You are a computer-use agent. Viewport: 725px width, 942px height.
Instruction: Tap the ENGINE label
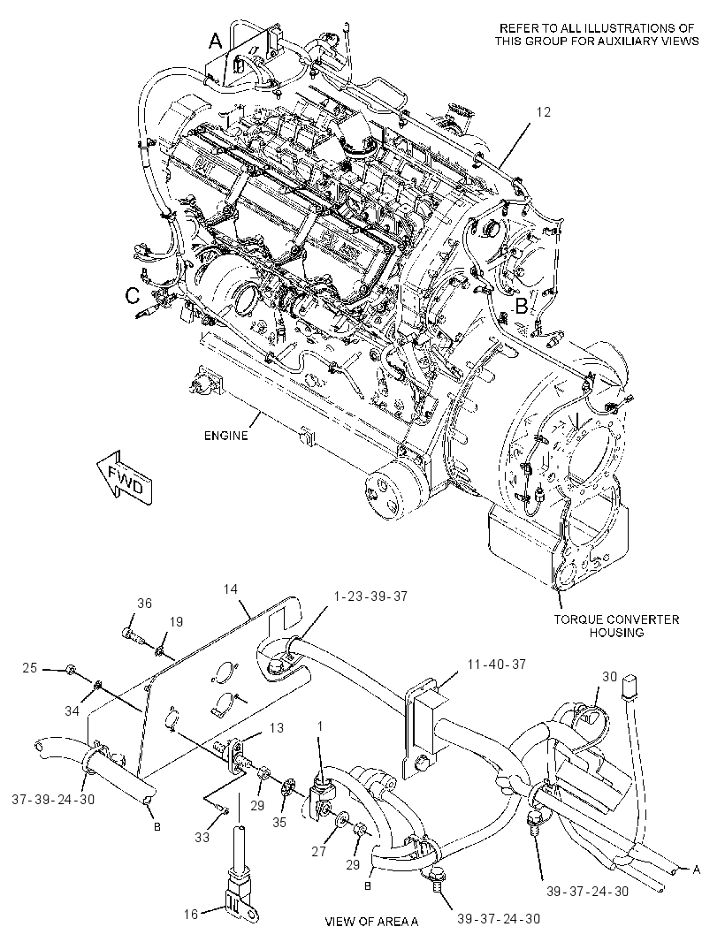(225, 436)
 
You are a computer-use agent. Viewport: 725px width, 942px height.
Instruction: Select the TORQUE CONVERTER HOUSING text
(616, 626)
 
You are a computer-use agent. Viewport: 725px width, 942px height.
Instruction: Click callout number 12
(544, 111)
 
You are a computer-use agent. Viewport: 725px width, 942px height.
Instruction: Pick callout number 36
(144, 604)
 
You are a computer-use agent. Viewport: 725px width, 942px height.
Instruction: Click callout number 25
(30, 667)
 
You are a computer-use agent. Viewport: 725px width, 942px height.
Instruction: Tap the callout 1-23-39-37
(371, 596)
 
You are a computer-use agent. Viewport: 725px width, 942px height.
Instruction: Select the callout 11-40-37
(497, 664)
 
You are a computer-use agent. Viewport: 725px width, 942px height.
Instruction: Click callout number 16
(191, 915)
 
